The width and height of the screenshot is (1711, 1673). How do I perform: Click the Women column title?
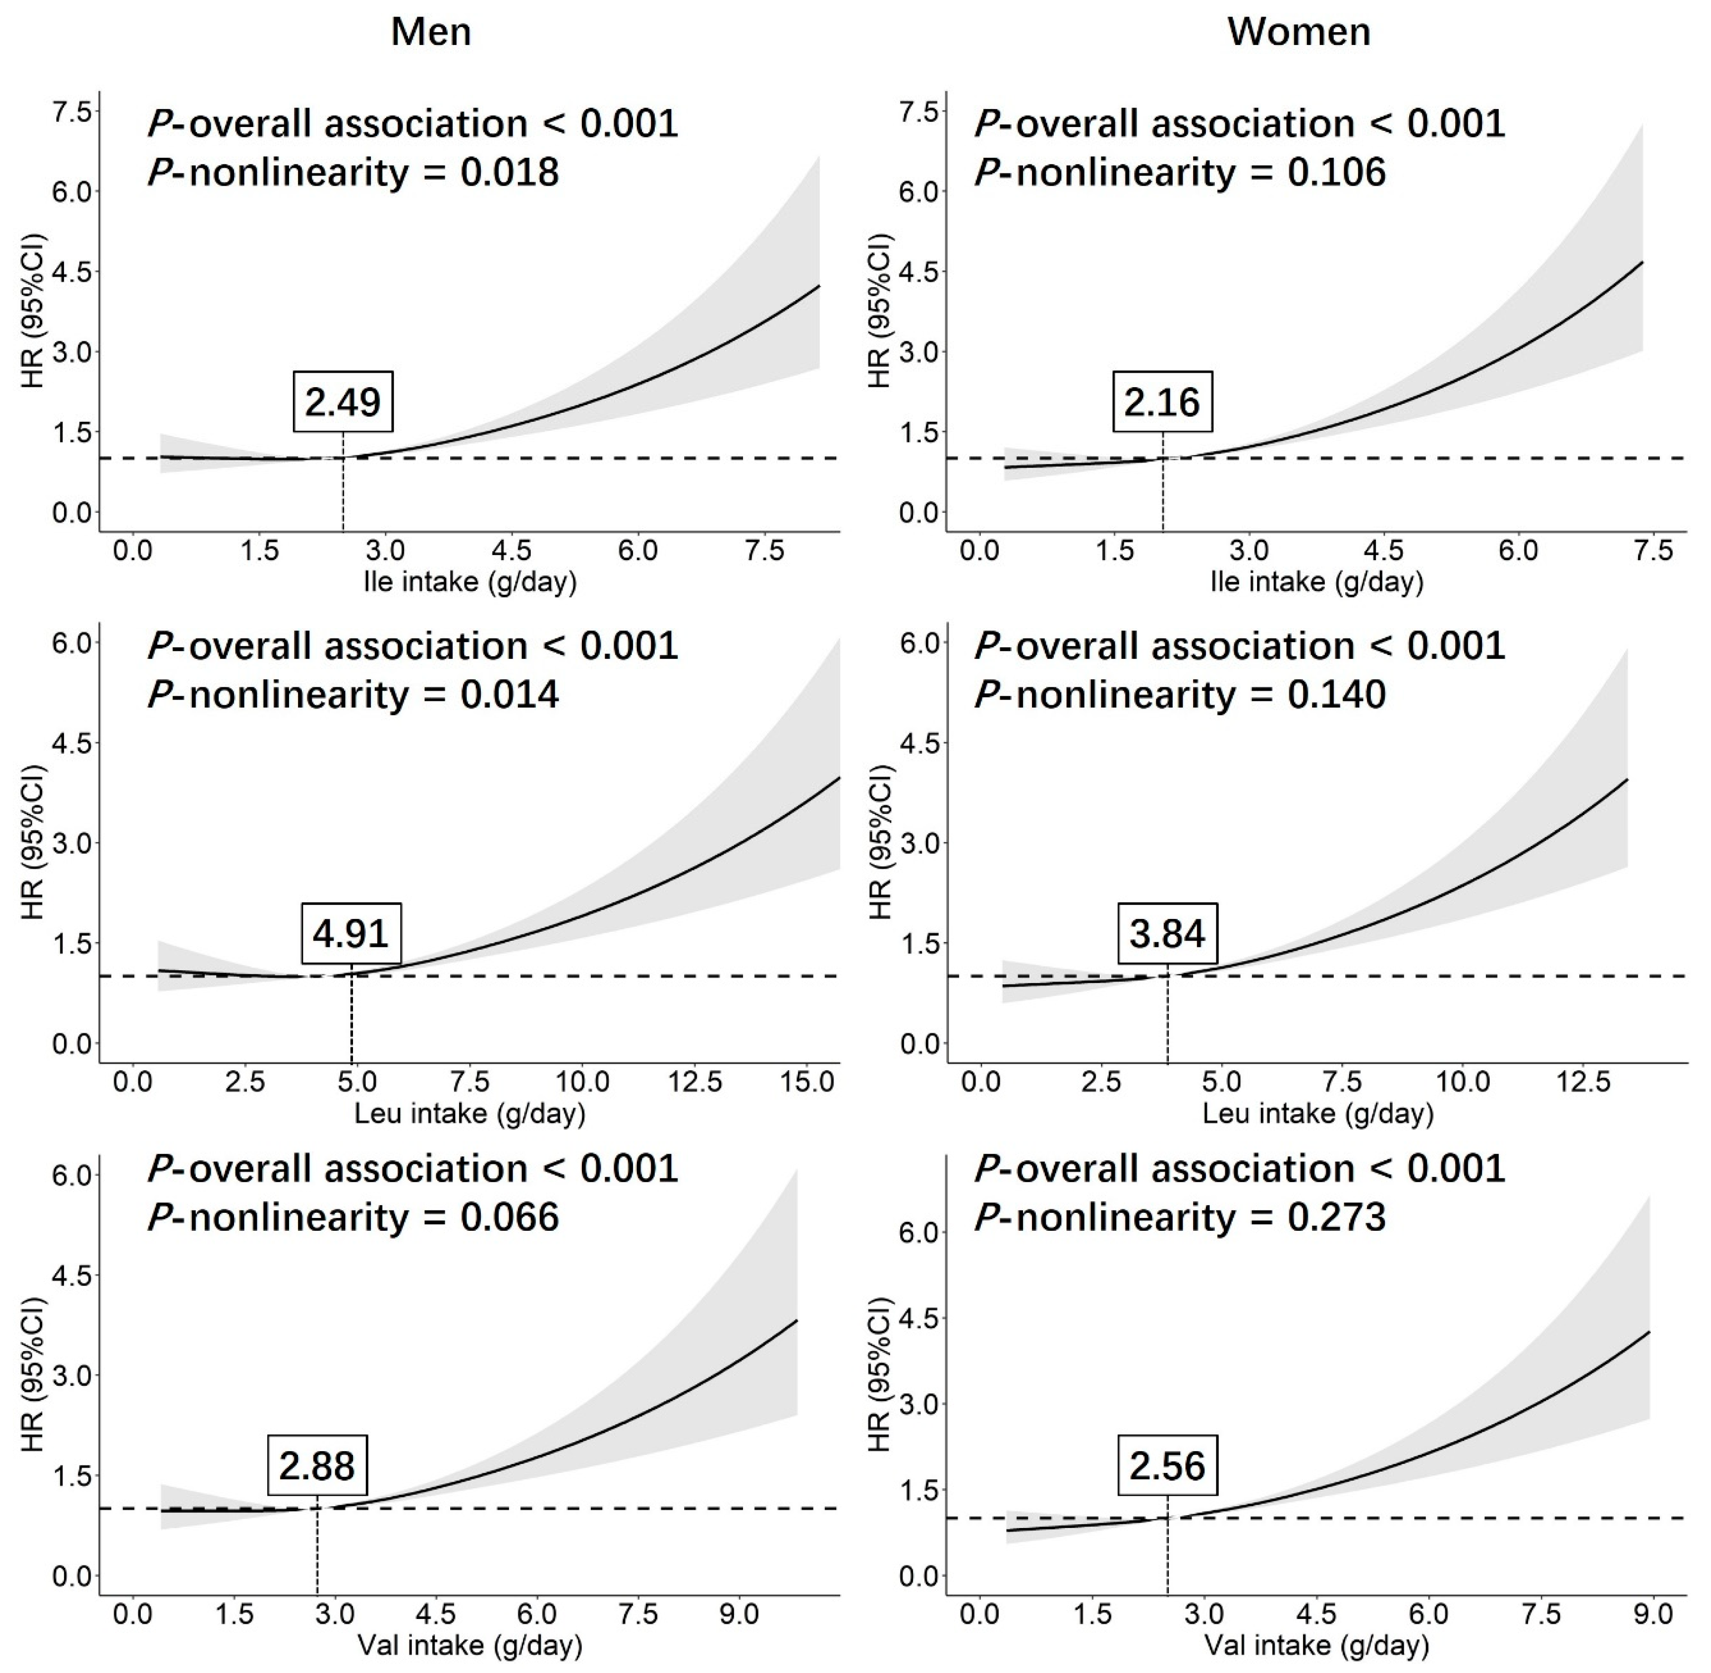1298,33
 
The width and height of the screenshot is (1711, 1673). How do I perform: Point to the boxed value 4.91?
351,933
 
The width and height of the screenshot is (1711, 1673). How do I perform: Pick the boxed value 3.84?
1168,933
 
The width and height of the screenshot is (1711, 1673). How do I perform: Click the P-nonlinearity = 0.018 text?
353,172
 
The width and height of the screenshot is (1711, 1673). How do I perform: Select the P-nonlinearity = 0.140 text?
1180,695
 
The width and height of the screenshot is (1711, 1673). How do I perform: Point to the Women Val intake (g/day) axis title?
1317,1645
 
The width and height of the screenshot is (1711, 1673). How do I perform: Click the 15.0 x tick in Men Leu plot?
808,1082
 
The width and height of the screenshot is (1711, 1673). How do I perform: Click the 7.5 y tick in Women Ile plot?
919,112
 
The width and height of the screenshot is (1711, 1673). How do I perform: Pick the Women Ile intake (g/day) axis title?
1317,582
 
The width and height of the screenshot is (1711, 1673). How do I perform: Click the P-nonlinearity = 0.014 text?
353,695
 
